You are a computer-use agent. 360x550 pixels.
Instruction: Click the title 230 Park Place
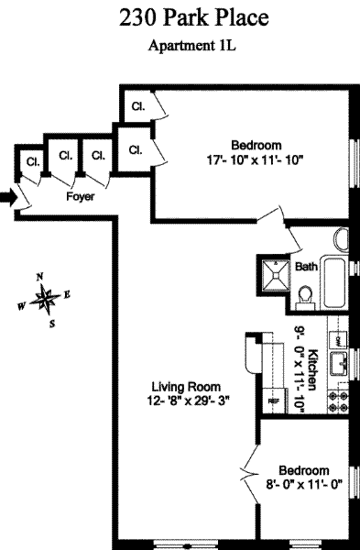tap(194, 18)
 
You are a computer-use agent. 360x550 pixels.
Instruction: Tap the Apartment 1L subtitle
tap(192, 46)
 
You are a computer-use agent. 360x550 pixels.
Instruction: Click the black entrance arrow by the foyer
tap(9, 198)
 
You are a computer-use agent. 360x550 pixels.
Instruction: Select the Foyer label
tap(81, 196)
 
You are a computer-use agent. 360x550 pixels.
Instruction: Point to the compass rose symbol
tap(45, 299)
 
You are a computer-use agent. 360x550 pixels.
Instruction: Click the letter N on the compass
tap(40, 277)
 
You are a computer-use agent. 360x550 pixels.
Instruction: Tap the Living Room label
tap(186, 387)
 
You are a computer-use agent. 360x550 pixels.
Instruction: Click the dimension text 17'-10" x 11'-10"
tap(255, 160)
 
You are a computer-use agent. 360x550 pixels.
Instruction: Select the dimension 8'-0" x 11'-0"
tap(304, 485)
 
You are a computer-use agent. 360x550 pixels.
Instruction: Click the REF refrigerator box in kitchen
tap(275, 401)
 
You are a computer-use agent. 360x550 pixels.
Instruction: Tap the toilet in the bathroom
tap(306, 297)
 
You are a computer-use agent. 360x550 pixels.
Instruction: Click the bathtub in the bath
tap(334, 282)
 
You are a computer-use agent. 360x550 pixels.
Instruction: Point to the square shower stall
tap(277, 275)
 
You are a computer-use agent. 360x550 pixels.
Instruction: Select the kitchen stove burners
tap(338, 402)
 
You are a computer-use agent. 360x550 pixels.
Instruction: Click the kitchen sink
tap(338, 363)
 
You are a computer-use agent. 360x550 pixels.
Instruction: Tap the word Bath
tap(306, 267)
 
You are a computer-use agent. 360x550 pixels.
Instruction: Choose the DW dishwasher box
tap(338, 340)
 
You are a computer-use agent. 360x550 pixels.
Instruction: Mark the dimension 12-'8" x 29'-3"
tap(189, 401)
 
